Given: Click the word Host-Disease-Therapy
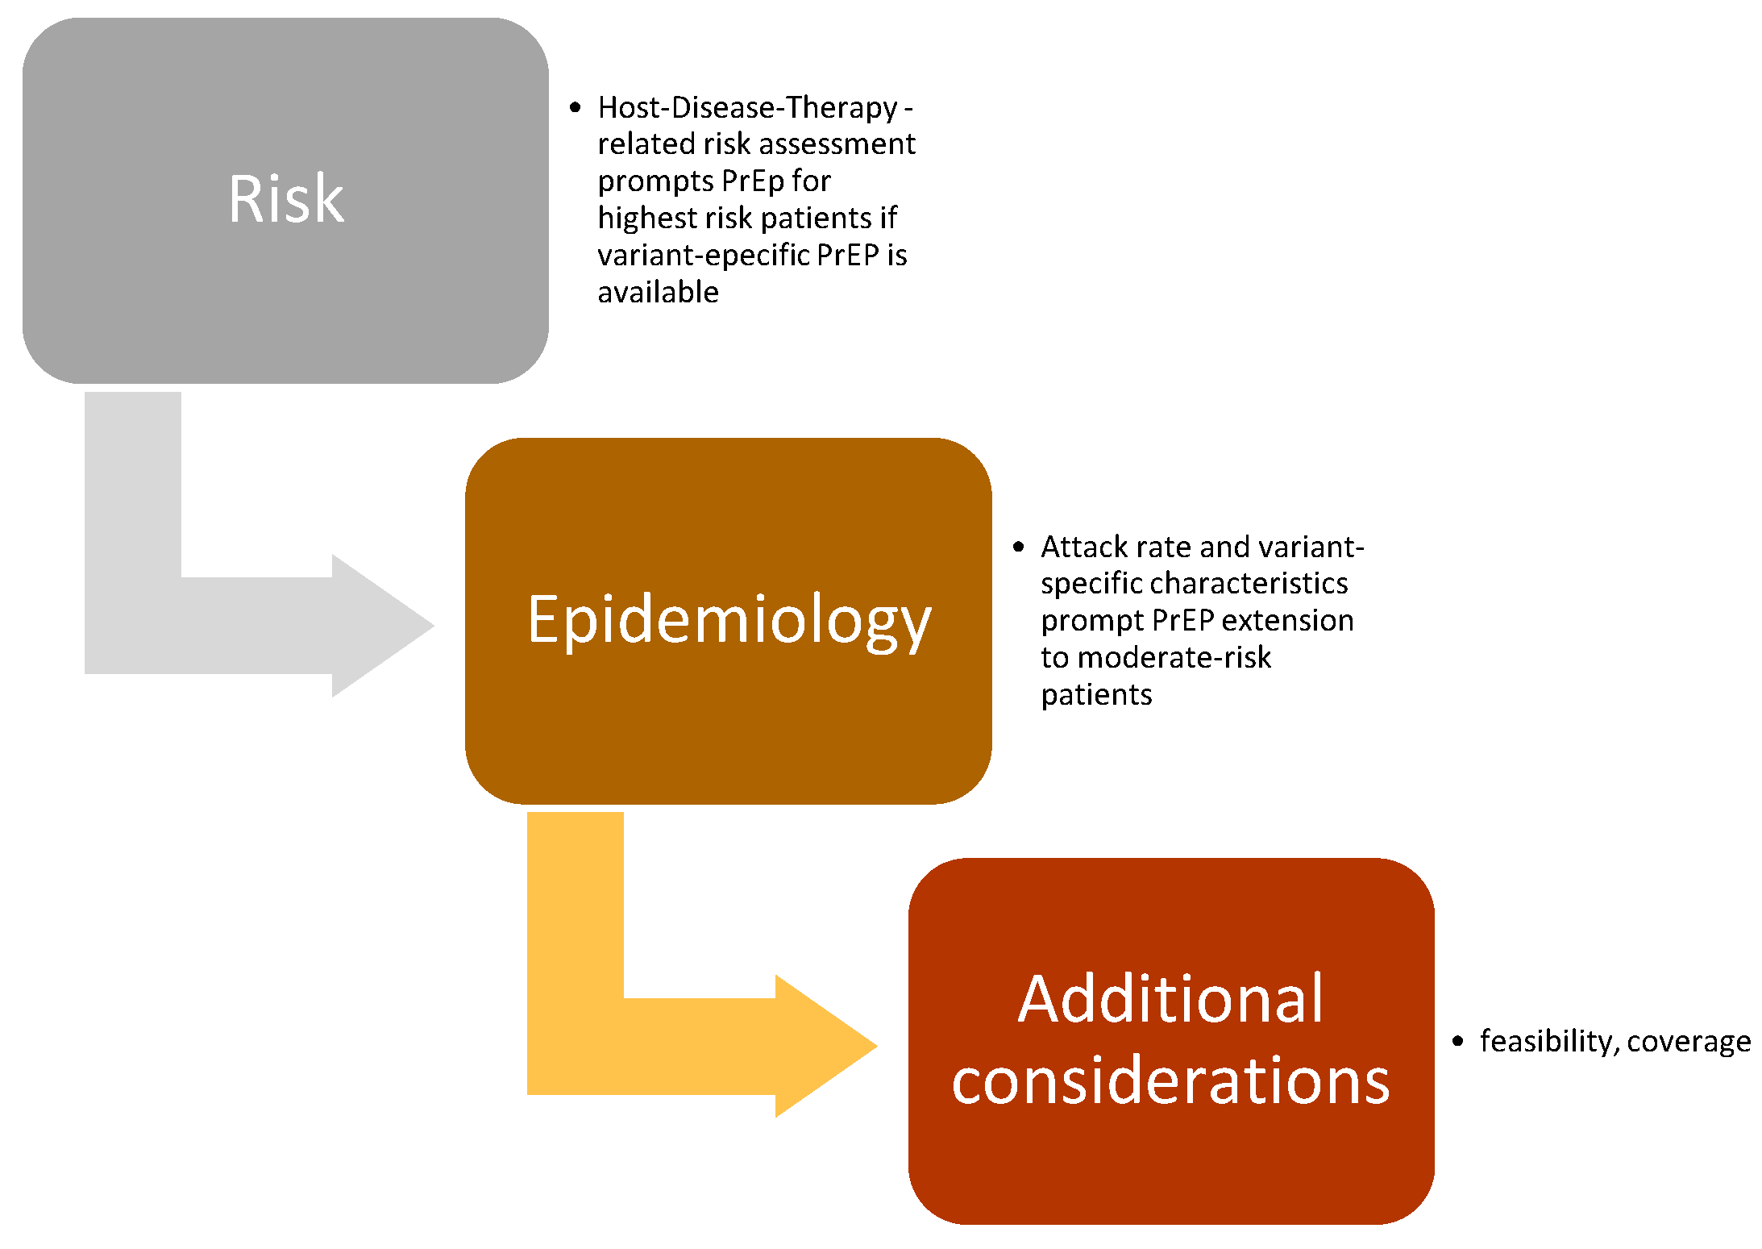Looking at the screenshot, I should [x=747, y=107].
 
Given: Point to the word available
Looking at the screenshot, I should [x=658, y=292].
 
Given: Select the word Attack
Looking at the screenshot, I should [x=1083, y=547].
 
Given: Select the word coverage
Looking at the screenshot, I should [x=1689, y=1041].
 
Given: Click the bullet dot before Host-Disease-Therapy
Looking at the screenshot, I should [x=575, y=107].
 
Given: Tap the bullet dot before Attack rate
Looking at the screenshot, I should [x=1018, y=547].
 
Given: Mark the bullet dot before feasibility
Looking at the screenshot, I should [x=1457, y=1041].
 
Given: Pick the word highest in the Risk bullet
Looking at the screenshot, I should [x=646, y=218].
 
